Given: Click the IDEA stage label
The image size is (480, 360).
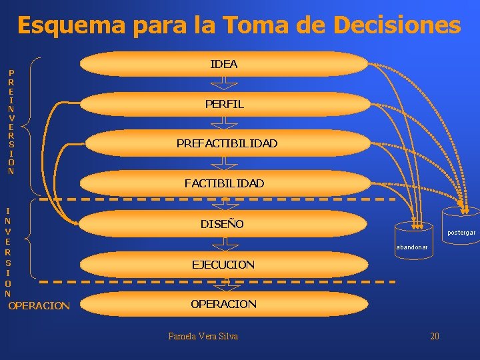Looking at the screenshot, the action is tap(224, 64).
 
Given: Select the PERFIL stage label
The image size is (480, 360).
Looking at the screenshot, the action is tap(224, 104).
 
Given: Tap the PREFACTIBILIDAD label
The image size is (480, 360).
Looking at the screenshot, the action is tap(227, 143).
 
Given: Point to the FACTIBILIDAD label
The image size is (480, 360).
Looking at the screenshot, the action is tap(224, 183).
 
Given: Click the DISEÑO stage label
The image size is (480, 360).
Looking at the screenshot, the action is tap(222, 223).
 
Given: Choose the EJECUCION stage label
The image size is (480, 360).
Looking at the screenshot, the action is tap(223, 265).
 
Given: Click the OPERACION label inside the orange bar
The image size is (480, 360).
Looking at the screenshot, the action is tap(223, 304).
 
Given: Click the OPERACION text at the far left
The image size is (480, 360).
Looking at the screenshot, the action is tap(39, 306).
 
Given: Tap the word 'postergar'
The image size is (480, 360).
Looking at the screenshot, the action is tap(461, 233).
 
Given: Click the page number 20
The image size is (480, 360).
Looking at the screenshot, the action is tap(435, 336).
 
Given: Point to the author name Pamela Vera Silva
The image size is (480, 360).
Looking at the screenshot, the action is tap(203, 336).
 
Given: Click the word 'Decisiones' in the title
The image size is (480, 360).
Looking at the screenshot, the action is tap(397, 26).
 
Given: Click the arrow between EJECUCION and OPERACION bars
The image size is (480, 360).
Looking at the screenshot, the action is tap(227, 284).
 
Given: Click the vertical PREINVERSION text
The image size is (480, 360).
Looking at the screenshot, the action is tap(11, 121).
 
